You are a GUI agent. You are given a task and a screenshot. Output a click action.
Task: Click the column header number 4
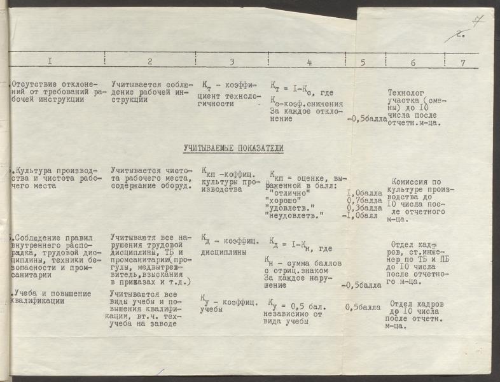[x=309, y=62]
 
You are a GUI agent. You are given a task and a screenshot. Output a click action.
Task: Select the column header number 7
[x=463, y=62]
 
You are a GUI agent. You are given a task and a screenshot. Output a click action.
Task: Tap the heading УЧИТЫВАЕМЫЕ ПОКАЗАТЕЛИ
[x=233, y=148]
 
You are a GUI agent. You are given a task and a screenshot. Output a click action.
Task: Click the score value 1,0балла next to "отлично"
[x=364, y=193]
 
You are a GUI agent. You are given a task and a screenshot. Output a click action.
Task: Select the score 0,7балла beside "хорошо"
[x=364, y=201]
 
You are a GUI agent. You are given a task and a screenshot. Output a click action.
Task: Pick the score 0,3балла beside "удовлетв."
[x=364, y=208]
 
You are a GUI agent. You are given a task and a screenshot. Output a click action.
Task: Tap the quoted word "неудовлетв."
[x=294, y=216]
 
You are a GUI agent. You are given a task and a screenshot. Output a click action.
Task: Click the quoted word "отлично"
[x=289, y=192]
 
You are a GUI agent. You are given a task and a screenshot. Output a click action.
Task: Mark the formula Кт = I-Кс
[x=291, y=85]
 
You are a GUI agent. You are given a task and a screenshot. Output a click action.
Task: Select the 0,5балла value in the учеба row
[x=363, y=307]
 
